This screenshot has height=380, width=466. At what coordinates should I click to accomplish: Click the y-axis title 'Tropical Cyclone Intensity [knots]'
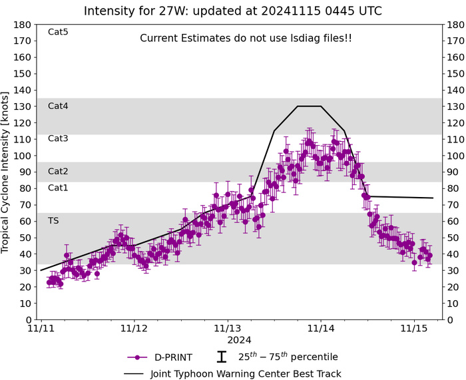(7, 173)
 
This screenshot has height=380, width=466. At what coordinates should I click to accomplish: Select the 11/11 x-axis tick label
(41, 329)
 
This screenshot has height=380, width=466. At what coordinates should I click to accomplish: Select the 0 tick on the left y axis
(29, 319)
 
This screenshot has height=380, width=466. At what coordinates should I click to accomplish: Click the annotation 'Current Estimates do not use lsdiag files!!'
(246, 39)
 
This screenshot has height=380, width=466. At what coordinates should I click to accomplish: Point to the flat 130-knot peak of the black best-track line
(309, 106)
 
